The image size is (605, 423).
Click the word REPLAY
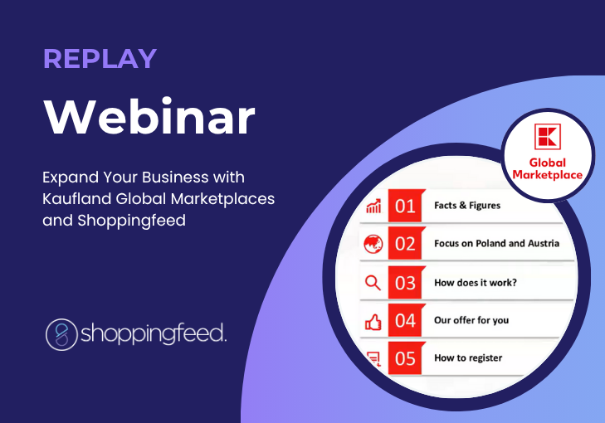pos(100,59)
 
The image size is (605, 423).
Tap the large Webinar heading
pos(149,116)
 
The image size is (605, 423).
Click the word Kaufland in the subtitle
pos(77,199)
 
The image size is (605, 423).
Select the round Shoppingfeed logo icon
pos(61,334)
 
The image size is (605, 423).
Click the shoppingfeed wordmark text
pos(154,334)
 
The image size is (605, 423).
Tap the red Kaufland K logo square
pos(548,137)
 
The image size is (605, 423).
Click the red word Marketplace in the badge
pos(548,175)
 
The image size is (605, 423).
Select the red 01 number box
pos(405,206)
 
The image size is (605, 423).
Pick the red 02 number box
pos(405,243)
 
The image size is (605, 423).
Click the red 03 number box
pos(405,283)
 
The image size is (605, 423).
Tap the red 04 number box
pos(405,320)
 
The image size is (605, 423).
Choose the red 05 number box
pos(405,357)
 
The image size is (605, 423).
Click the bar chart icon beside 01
pos(373,206)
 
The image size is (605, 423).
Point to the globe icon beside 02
pos(373,244)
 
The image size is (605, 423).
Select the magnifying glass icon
pos(373,283)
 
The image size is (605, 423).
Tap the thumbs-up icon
pos(373,322)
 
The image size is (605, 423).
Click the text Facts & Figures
pos(467,206)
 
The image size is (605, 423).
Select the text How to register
pos(468,358)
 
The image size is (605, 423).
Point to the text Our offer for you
pos(471,320)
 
